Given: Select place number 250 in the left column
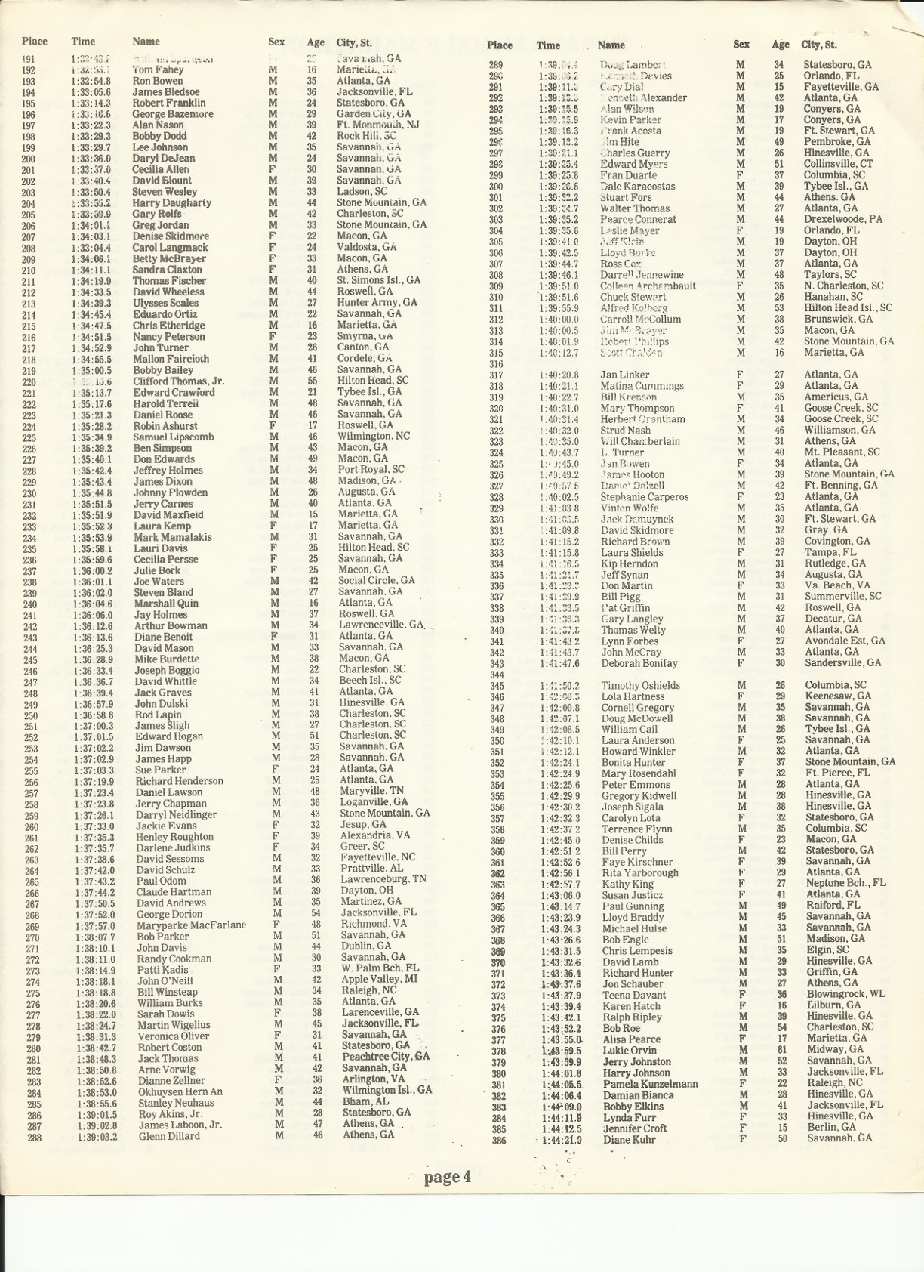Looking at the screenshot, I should [31, 715].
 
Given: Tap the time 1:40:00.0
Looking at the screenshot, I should [559, 319].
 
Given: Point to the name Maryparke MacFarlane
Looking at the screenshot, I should [191, 925].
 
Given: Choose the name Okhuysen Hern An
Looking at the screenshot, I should [180, 1091].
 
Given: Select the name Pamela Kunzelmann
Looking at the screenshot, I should [649, 1083].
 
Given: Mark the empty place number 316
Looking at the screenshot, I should [496, 364].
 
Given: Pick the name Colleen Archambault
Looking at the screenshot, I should [648, 286].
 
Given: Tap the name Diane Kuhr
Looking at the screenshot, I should [630, 1139].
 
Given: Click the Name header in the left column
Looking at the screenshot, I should [146, 42].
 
